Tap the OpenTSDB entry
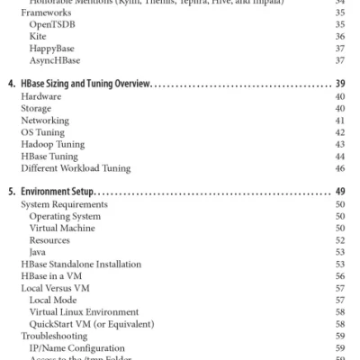[x=52, y=24]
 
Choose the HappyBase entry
[x=51, y=49]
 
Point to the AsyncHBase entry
[x=54, y=60]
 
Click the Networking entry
[x=45, y=121]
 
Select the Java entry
[x=38, y=252]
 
